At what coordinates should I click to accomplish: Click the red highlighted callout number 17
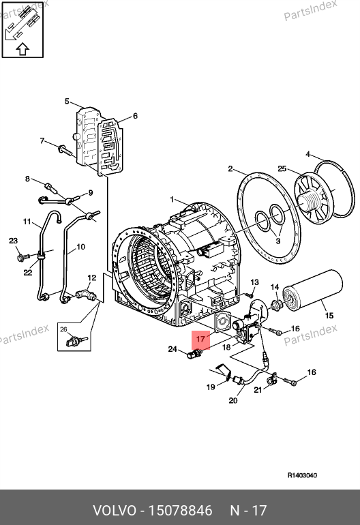[200, 339]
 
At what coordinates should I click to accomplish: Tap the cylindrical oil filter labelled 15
[312, 290]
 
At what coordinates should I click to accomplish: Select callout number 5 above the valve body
[67, 101]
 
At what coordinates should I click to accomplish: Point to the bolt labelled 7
[65, 150]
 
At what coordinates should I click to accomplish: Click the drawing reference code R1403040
[302, 475]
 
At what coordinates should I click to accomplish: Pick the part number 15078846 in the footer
[180, 511]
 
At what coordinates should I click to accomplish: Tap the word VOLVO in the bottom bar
[115, 511]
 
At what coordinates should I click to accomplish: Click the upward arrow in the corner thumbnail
[22, 49]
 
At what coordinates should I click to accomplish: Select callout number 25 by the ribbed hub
[282, 168]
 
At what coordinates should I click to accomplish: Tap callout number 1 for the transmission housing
[172, 200]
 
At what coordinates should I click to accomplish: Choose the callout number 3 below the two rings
[278, 241]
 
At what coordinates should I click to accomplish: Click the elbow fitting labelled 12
[86, 295]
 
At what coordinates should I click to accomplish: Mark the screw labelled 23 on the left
[22, 257]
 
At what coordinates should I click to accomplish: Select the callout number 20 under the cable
[233, 400]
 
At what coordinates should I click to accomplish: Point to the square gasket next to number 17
[222, 322]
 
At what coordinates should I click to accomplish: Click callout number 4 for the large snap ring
[308, 154]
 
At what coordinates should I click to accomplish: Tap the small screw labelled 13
[249, 295]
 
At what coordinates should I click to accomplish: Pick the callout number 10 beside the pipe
[80, 247]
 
